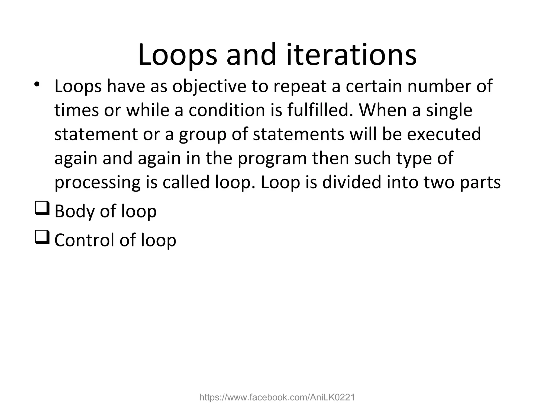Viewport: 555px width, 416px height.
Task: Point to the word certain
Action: coord(374,86)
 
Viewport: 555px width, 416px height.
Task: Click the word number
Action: coord(438,86)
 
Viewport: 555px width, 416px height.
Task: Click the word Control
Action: coord(85,240)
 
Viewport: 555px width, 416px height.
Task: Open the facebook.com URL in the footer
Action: coord(277,397)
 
